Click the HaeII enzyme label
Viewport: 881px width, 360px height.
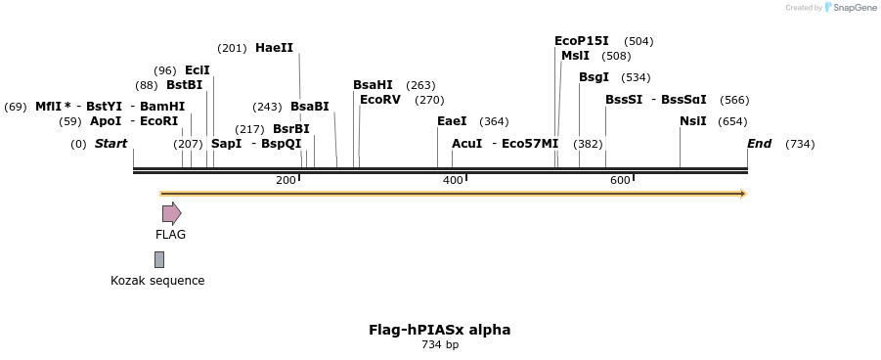[274, 48]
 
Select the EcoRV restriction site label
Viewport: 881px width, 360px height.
[380, 100]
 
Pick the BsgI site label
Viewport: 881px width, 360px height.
[594, 77]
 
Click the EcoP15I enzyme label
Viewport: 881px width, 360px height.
[581, 41]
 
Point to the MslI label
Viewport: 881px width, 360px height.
[575, 56]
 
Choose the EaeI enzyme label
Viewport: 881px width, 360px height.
[452, 121]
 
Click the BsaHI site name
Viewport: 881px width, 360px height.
[373, 85]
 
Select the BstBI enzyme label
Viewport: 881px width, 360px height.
[184, 85]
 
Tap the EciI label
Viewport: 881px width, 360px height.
[197, 70]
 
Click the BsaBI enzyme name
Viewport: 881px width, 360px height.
[309, 107]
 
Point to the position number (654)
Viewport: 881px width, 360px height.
[732, 121]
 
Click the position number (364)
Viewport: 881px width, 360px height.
[494, 121]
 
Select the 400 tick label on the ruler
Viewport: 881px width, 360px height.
[454, 181]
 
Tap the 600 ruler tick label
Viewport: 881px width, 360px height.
[620, 181]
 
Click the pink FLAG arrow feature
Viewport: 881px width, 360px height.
[171, 213]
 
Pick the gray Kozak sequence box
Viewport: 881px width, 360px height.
[159, 259]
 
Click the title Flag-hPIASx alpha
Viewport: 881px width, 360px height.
[439, 330]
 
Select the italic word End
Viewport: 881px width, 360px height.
[759, 144]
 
